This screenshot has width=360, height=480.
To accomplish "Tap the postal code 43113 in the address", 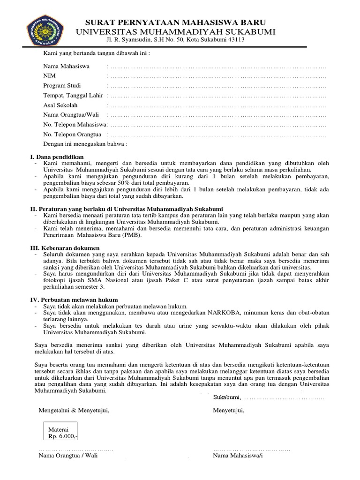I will pos(235,40).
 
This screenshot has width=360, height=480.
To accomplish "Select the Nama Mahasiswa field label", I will pos(67,66).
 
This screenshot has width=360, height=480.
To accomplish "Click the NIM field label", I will pos(50,76).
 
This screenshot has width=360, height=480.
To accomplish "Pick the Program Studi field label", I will pos(62,86).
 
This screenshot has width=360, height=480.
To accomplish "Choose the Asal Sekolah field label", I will pos(60,105).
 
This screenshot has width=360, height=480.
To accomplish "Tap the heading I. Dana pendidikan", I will pos(57,157).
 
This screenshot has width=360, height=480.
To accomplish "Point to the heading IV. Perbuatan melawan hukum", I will pos(74,299).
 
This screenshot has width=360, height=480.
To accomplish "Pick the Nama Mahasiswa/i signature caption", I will pos(238,455).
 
